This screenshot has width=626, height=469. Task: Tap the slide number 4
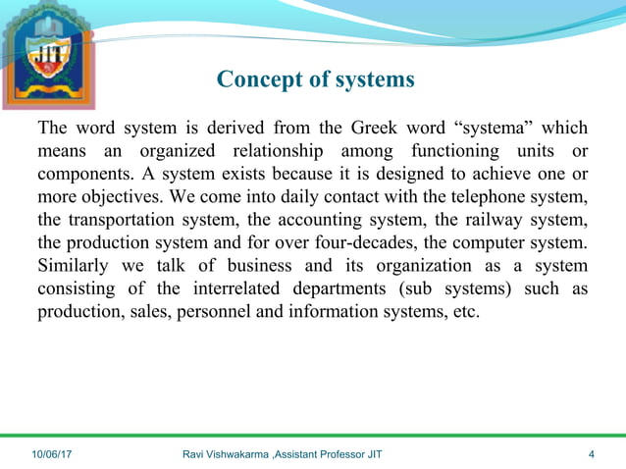[x=592, y=454]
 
